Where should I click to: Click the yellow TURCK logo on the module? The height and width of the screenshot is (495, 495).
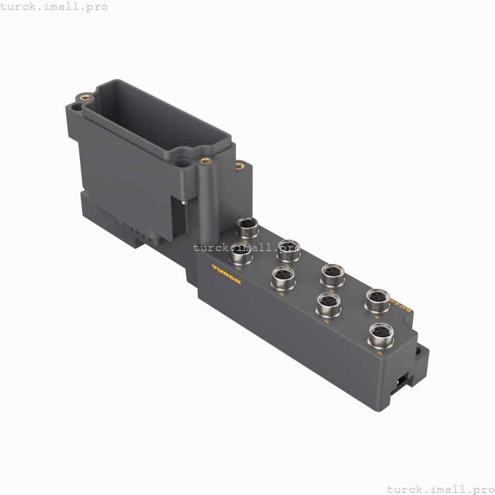click(226, 274)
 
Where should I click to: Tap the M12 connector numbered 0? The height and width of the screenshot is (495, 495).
click(248, 226)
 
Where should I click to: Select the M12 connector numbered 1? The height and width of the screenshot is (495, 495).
click(241, 251)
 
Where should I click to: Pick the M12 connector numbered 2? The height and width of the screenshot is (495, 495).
click(289, 248)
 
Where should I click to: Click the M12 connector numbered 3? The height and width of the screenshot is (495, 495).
click(283, 276)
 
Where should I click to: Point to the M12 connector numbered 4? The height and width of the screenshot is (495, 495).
click(332, 272)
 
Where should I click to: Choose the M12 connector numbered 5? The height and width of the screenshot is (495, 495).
click(327, 303)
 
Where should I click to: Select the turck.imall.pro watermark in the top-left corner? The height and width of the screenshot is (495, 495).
click(54, 6)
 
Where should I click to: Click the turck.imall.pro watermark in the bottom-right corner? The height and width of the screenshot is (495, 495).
click(440, 489)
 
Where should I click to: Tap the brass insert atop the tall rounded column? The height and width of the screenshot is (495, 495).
click(206, 161)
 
